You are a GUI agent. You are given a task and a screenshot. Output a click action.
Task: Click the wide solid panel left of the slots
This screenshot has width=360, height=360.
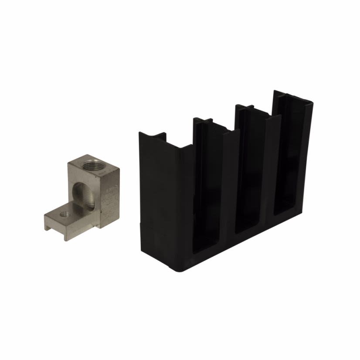[x=163, y=196]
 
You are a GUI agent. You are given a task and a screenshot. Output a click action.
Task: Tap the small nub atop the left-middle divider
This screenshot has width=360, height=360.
[x=204, y=120]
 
